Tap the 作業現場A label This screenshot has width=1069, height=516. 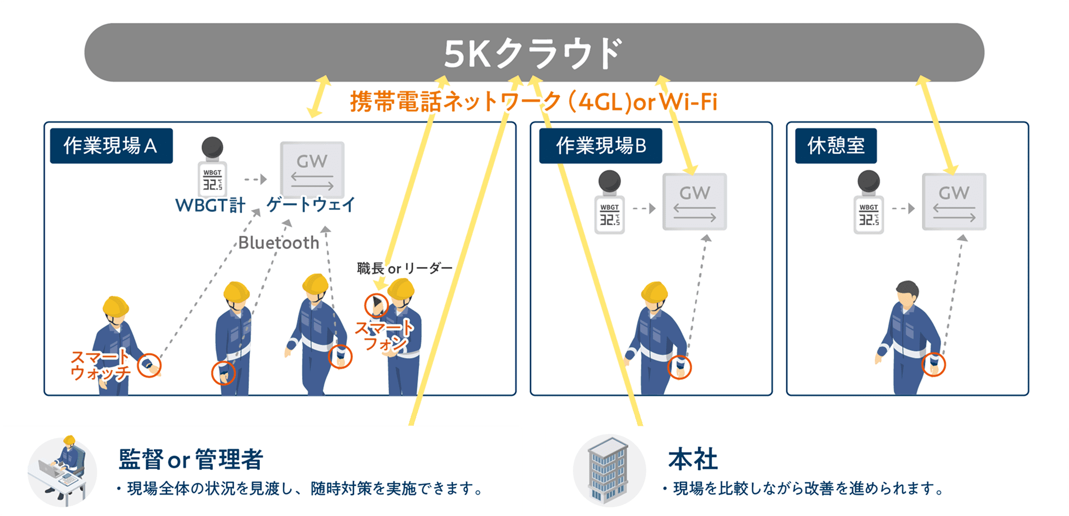click(x=111, y=146)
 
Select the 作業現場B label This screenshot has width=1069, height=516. click(x=600, y=146)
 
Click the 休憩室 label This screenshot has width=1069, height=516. click(x=835, y=146)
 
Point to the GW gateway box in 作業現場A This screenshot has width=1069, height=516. click(x=312, y=170)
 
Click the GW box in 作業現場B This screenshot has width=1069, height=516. click(x=694, y=202)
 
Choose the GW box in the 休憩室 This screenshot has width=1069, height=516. click(x=954, y=202)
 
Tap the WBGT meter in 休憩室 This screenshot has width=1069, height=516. click(x=869, y=203)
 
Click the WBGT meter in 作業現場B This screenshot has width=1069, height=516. click(x=609, y=203)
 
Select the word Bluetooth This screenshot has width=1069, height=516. click(x=279, y=243)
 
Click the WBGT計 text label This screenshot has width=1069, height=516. click(x=210, y=205)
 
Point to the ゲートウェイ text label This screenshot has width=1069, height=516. click(x=311, y=205)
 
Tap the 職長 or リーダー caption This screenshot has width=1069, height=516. click(x=404, y=268)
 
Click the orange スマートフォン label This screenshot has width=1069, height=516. click(x=385, y=335)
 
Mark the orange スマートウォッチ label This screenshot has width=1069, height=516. click(x=100, y=365)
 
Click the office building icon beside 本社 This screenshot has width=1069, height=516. click(x=608, y=470)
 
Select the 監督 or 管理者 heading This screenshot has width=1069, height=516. click(x=191, y=459)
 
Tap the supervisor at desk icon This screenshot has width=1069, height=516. click(x=62, y=470)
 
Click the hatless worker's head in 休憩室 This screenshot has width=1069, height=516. click(x=907, y=294)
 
